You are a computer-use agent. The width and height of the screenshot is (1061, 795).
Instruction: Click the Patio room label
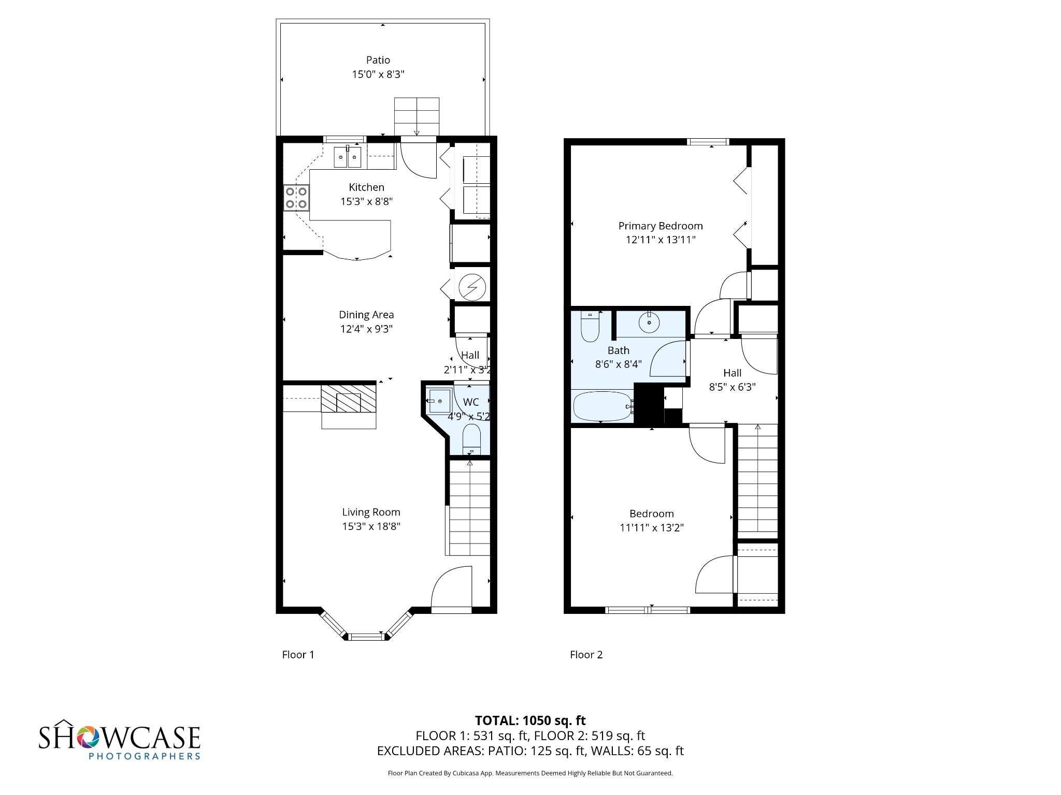378,60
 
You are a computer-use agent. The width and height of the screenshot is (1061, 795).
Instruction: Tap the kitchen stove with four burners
296,198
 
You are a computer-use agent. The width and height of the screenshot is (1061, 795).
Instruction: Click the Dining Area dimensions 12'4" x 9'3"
366,329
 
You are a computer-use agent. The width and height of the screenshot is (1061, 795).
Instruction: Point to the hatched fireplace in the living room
348,399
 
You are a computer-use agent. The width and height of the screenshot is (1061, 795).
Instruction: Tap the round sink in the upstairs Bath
649,322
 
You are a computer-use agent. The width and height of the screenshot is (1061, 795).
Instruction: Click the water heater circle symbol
472,286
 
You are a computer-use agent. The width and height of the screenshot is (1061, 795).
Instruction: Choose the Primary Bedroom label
660,226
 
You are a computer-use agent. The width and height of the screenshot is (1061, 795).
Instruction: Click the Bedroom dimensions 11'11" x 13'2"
651,527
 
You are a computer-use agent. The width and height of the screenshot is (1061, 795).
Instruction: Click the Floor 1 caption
298,654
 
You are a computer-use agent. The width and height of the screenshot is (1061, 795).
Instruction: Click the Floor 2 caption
586,654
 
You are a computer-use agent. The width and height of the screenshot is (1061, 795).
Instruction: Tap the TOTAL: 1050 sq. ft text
530,720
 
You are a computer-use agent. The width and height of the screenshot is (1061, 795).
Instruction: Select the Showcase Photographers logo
119,740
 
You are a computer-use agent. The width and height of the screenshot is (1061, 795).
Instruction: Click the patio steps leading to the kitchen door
417,116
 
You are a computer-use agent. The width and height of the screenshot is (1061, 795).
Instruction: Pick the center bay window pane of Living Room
367,636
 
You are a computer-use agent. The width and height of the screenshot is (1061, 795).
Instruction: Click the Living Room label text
371,512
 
